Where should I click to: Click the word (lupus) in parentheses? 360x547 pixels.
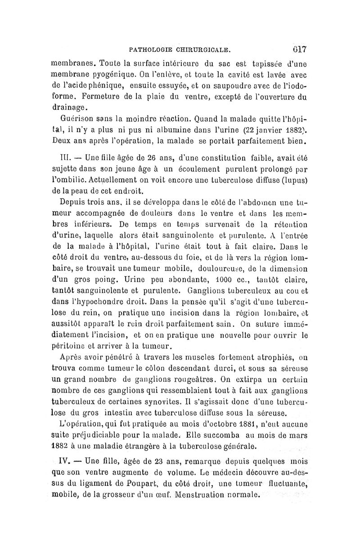[294, 182]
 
